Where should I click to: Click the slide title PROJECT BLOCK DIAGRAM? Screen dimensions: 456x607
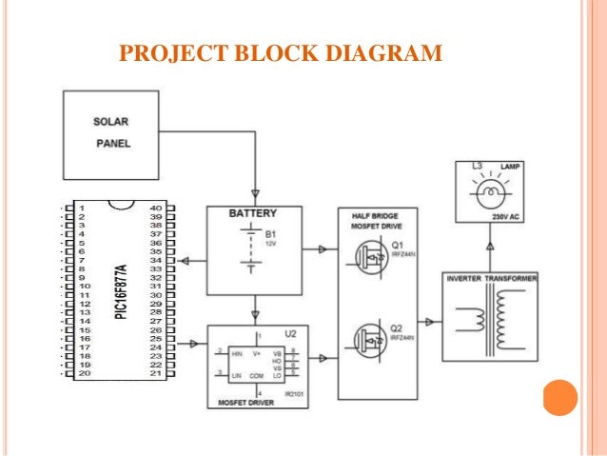(280, 51)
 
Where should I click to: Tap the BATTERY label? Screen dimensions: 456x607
(253, 214)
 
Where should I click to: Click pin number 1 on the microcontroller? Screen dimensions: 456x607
(84, 208)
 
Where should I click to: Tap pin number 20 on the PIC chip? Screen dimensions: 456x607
(84, 373)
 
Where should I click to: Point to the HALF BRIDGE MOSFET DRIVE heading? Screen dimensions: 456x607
(375, 220)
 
